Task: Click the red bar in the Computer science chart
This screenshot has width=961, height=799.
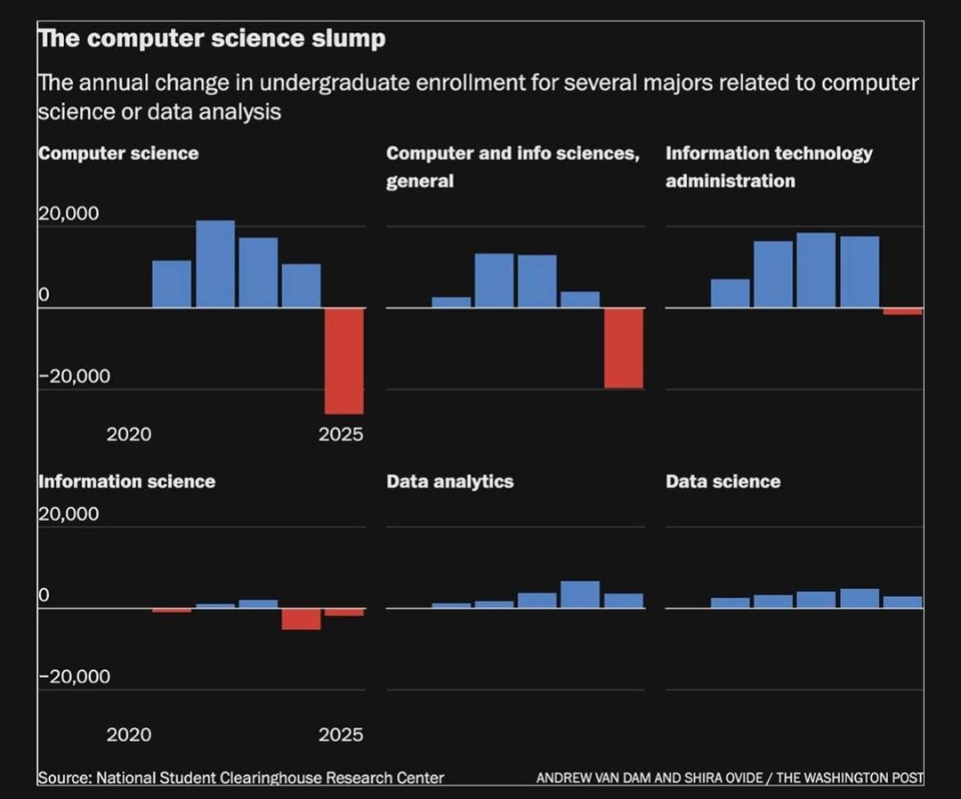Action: point(343,360)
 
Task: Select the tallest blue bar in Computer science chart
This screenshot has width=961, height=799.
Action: point(215,263)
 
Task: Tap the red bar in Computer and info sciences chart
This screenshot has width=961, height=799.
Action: point(623,348)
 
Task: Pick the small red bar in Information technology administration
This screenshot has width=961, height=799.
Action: point(902,311)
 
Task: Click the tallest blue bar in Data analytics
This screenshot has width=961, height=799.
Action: point(579,594)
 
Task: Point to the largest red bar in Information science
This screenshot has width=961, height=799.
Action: point(301,619)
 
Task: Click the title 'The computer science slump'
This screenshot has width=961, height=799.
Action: point(212,39)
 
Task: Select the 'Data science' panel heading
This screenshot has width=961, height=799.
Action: point(723,481)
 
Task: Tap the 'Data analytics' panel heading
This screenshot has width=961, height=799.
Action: point(449,481)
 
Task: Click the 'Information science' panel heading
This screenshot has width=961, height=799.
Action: point(126,481)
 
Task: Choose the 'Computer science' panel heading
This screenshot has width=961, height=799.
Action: point(118,153)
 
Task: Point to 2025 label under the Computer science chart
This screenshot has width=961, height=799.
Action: point(341,434)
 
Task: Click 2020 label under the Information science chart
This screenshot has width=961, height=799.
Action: point(129,735)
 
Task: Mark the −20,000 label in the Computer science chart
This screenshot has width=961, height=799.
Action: point(75,376)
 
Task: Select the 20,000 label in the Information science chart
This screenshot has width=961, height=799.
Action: point(69,514)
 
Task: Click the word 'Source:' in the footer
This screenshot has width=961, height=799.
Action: point(64,778)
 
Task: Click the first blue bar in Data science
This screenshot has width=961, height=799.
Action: point(730,602)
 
